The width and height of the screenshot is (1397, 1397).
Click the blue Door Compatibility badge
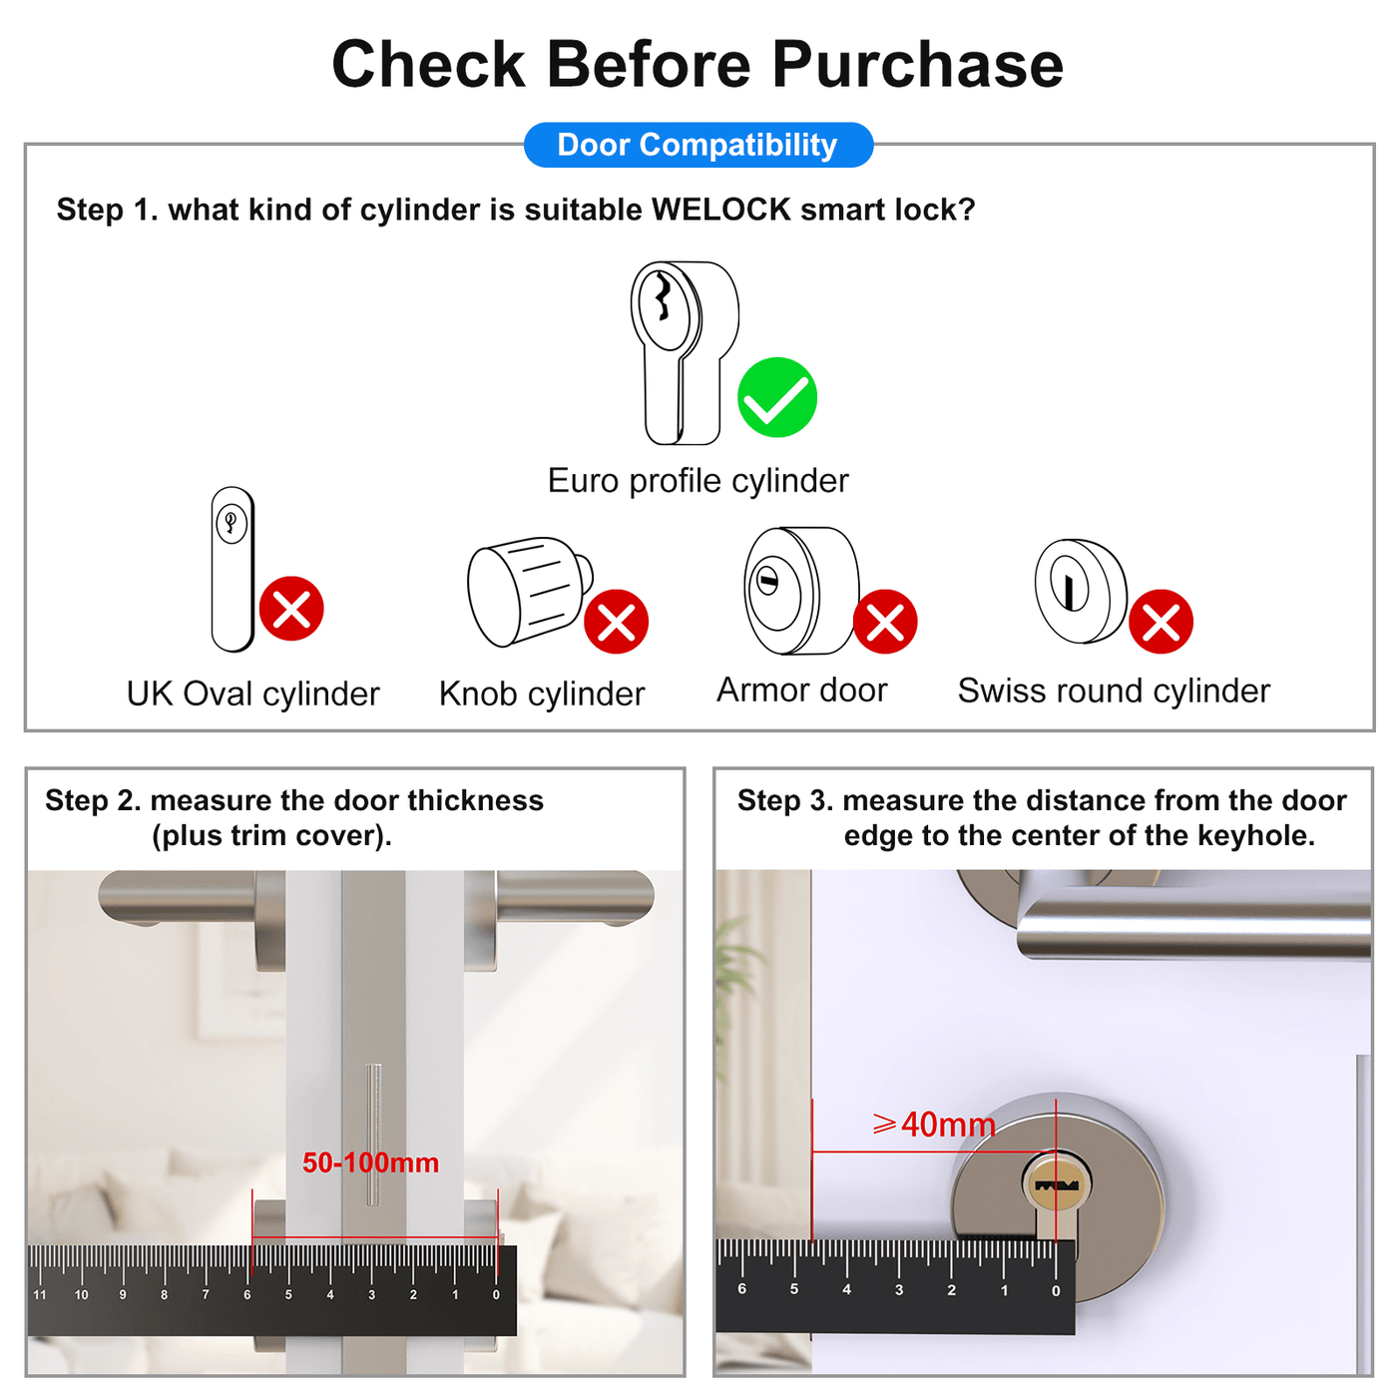(x=698, y=145)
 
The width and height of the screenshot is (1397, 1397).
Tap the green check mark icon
(x=776, y=397)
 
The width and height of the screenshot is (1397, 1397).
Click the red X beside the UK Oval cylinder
(x=291, y=609)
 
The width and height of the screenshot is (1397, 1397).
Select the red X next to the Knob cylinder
(x=616, y=622)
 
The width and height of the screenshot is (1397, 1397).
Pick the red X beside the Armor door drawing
(x=884, y=622)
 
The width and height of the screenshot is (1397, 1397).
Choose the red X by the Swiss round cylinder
(x=1160, y=622)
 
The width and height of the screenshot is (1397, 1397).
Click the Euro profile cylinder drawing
(x=685, y=353)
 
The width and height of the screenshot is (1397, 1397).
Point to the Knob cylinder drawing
(x=530, y=592)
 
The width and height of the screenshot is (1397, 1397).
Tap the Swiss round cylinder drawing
(x=1081, y=591)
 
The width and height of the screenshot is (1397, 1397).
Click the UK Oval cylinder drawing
(x=233, y=569)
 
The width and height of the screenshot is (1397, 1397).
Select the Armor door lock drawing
(x=801, y=590)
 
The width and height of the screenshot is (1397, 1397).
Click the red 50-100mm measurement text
(x=370, y=1163)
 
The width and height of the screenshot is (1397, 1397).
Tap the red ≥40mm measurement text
(x=934, y=1126)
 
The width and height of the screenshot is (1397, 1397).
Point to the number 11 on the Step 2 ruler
(x=40, y=1295)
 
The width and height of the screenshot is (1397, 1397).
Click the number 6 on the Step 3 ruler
(x=741, y=1289)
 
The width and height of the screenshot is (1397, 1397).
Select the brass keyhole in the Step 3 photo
(x=1056, y=1186)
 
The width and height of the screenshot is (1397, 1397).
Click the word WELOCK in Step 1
(x=720, y=210)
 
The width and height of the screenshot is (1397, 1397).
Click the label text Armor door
(x=802, y=690)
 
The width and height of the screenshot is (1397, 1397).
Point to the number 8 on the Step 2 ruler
(x=165, y=1295)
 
